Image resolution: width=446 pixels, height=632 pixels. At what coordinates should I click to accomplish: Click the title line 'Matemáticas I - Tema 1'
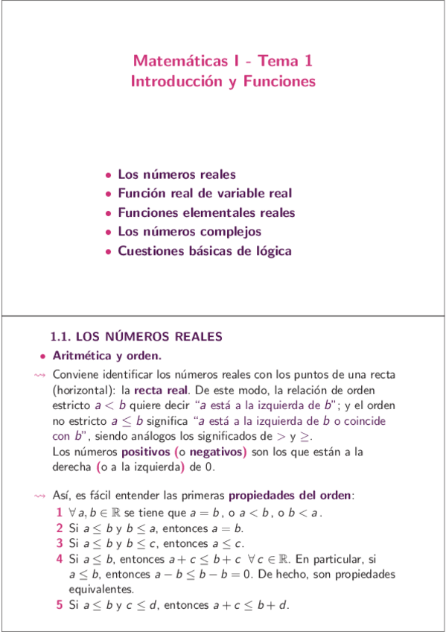tap(223, 62)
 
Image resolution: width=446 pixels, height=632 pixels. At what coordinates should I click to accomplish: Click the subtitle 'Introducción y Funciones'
tap(223, 81)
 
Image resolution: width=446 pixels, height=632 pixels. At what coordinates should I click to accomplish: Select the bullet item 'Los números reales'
tap(176, 175)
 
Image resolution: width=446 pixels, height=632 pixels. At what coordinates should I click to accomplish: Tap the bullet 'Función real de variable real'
tap(205, 194)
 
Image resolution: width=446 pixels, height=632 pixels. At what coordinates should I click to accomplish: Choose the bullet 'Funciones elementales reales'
tap(206, 213)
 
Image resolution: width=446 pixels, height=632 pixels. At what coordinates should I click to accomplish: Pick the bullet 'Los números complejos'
tap(189, 232)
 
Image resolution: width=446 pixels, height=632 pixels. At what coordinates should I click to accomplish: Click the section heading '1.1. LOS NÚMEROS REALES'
tap(136, 338)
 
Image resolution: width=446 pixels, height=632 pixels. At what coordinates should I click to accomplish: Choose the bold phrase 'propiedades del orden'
tap(290, 496)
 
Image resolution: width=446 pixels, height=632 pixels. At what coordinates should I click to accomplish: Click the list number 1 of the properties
tap(60, 513)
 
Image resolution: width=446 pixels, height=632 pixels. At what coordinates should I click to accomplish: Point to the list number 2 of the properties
tap(60, 528)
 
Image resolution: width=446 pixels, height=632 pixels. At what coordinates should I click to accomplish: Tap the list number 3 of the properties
tap(60, 543)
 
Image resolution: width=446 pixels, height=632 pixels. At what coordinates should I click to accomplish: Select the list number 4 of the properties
tap(60, 559)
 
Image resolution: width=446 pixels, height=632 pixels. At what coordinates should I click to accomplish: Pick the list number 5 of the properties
tap(60, 605)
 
